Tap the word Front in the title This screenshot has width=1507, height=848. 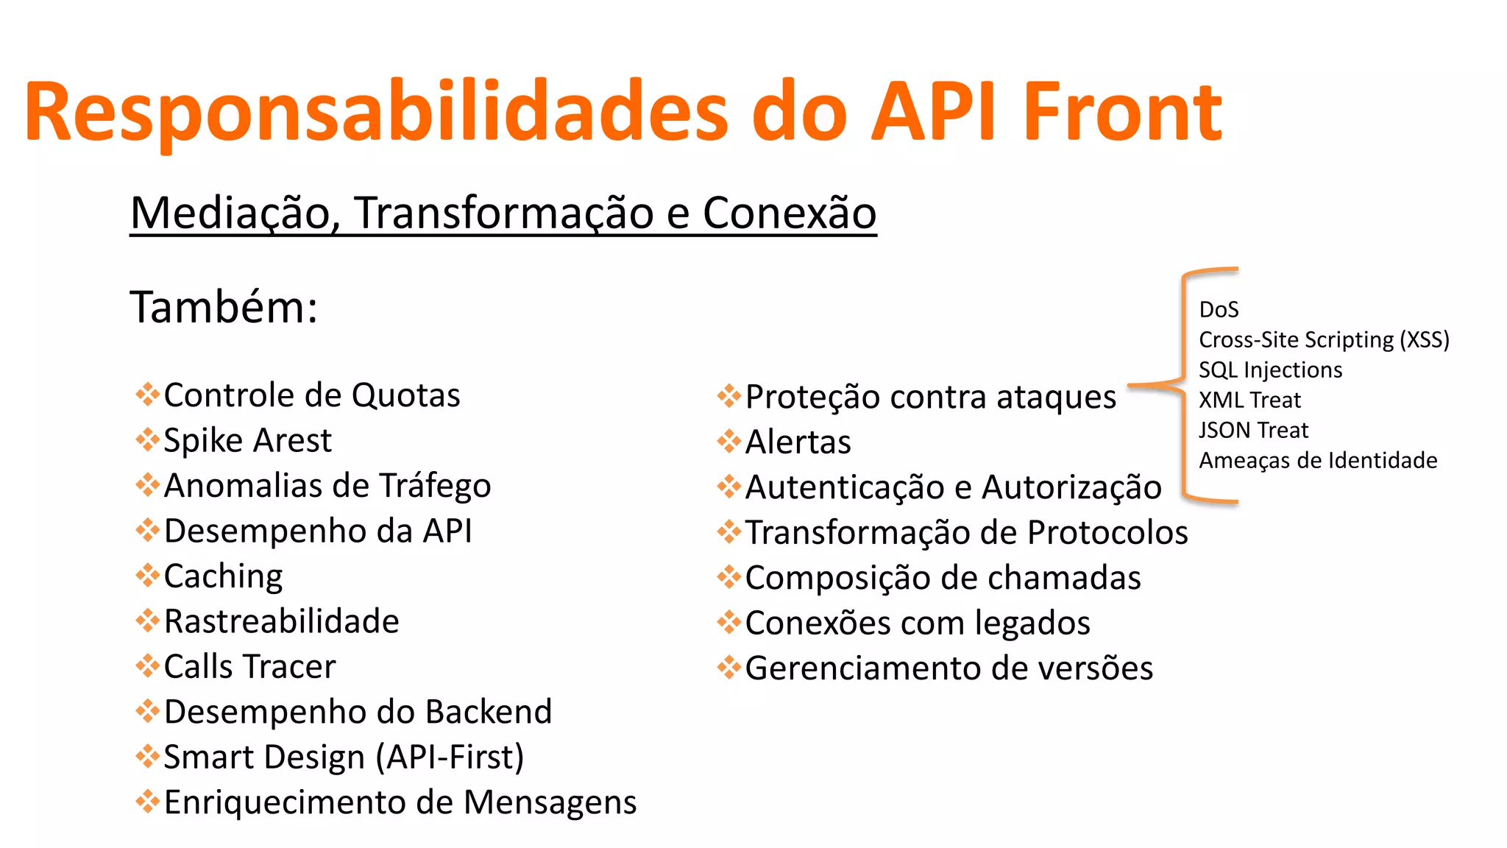click(x=1122, y=112)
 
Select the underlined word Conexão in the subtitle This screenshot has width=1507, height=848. click(x=789, y=213)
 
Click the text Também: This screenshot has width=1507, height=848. click(x=224, y=307)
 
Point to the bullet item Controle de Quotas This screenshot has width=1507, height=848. click(x=311, y=395)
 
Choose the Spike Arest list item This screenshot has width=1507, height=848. click(x=247, y=441)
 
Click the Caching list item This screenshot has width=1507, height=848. click(x=223, y=576)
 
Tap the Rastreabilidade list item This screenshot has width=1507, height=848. click(x=281, y=622)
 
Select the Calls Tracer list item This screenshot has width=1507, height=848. click(x=249, y=667)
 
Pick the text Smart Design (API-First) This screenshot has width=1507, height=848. click(x=344, y=757)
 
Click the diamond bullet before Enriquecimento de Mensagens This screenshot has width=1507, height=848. click(x=148, y=802)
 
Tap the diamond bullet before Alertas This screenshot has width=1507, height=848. click(x=729, y=442)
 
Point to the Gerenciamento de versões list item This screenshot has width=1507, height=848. click(x=948, y=668)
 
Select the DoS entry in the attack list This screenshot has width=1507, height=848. click(x=1219, y=310)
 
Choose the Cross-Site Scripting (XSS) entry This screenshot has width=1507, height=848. click(x=1324, y=340)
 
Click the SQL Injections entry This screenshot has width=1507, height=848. click(x=1270, y=370)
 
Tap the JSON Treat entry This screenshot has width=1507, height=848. click(x=1253, y=431)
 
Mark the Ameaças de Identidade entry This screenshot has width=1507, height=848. click(x=1318, y=461)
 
